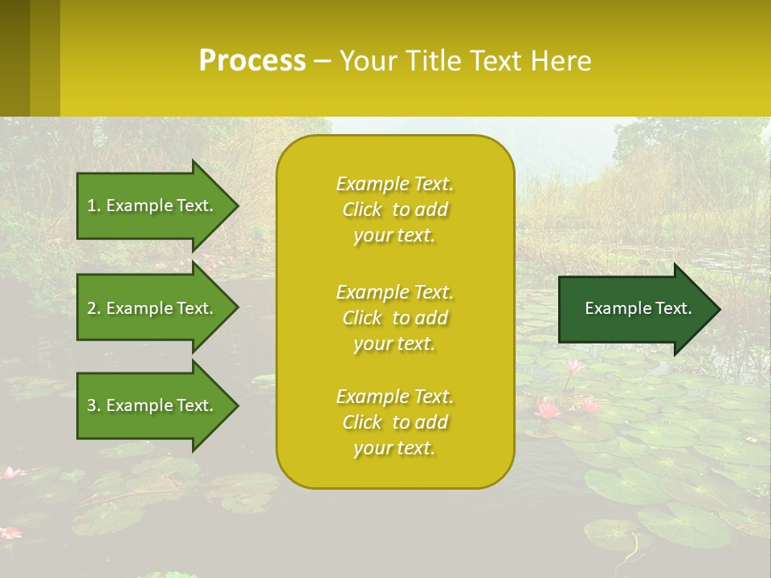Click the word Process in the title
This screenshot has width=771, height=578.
[x=252, y=61]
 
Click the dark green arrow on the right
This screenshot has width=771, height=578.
[x=634, y=309]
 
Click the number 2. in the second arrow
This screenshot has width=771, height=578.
[x=94, y=308]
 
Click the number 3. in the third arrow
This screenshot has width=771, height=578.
[x=94, y=405]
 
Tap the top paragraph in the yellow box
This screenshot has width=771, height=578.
[x=394, y=210]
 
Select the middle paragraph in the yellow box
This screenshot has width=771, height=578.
[x=394, y=318]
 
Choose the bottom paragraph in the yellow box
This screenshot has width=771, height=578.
[x=394, y=422]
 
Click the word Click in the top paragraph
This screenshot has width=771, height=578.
[x=362, y=210]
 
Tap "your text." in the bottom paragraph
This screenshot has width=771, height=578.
[x=394, y=448]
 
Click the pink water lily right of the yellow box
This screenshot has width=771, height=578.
[x=549, y=409]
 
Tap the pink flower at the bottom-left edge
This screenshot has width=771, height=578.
[x=10, y=532]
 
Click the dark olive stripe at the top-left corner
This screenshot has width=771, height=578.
[x=14, y=58]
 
